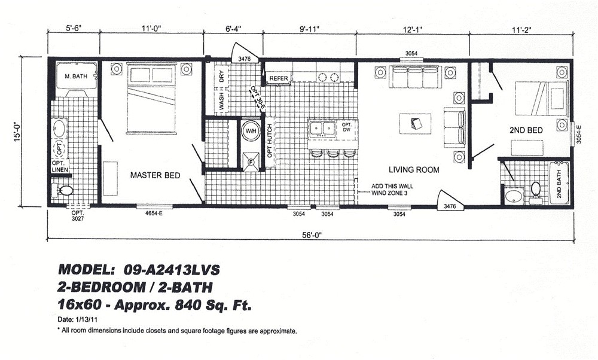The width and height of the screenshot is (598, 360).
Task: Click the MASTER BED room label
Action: pyautogui.click(x=155, y=175)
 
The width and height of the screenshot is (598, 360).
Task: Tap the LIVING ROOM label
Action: pyautogui.click(x=414, y=169)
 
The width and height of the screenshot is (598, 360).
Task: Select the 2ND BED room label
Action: pyautogui.click(x=526, y=130)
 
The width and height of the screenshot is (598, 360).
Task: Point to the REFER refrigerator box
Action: pyautogui.click(x=279, y=78)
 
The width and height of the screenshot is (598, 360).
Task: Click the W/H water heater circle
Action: pyautogui.click(x=251, y=131)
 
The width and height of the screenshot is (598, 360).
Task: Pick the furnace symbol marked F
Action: pyautogui.click(x=251, y=162)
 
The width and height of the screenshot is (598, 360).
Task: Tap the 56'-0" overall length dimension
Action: pyautogui.click(x=312, y=235)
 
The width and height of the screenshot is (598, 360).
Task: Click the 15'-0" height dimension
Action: pyautogui.click(x=16, y=132)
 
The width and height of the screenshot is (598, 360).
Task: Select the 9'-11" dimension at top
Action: pyautogui.click(x=309, y=29)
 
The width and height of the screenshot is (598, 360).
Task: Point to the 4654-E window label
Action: pyautogui.click(x=154, y=213)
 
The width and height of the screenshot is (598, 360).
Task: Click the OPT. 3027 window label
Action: pyautogui.click(x=77, y=216)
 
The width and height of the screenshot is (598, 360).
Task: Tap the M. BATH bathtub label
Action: pyautogui.click(x=76, y=77)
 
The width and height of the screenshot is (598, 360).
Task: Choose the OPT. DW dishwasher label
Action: pyautogui.click(x=346, y=127)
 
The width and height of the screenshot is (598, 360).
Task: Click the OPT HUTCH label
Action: pyautogui.click(x=270, y=141)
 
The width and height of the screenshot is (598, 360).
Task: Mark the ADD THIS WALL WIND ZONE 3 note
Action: pyautogui.click(x=392, y=190)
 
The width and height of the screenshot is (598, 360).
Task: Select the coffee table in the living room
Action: pyautogui.click(x=416, y=124)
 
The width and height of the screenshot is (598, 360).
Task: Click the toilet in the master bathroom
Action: pyautogui.click(x=63, y=190)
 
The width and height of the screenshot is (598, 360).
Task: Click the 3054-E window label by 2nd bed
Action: pyautogui.click(x=578, y=134)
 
